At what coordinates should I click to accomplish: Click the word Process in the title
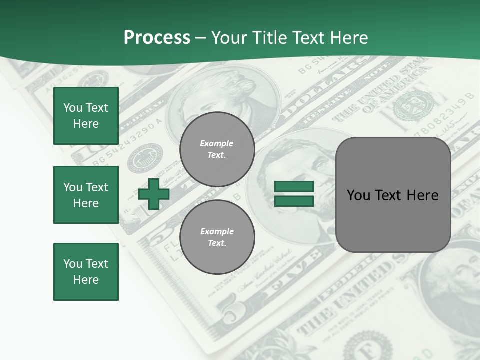coord(157,38)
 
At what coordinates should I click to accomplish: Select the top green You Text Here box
coord(86,116)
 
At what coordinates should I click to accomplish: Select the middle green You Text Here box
coord(86,195)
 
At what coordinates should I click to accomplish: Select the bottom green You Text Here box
coord(86,271)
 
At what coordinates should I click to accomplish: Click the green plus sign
coord(154,194)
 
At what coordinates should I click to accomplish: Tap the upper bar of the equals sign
coord(294,187)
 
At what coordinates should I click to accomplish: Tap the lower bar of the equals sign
coord(294,201)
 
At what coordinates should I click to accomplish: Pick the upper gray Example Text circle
coord(217,149)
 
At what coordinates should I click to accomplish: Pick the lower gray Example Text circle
coord(217,237)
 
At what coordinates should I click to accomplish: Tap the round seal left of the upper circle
coord(145,158)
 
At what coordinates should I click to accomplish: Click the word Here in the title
coord(349,38)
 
